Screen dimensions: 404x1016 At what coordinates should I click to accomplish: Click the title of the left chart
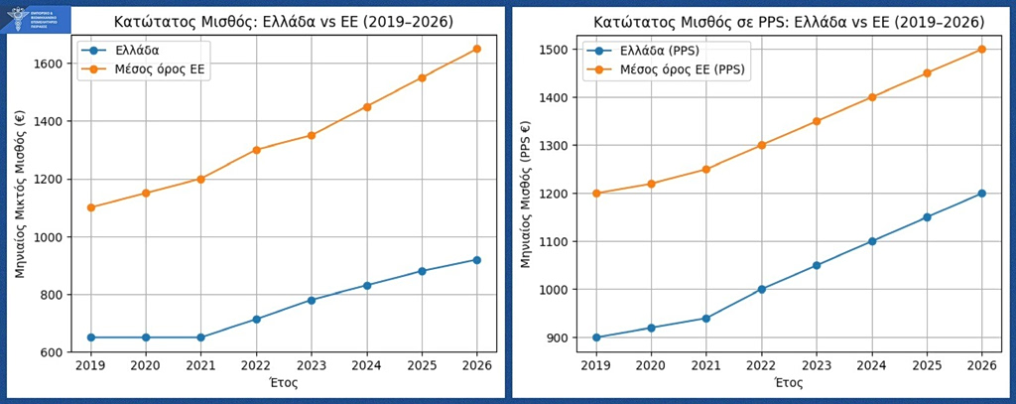tap(284, 21)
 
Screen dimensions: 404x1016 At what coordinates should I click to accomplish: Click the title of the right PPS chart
tap(789, 21)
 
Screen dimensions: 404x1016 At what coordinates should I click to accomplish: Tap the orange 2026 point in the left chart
tap(477, 49)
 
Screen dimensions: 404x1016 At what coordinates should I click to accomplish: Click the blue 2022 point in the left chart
tap(256, 319)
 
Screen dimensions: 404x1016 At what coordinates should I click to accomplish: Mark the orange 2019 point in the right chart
tap(596, 194)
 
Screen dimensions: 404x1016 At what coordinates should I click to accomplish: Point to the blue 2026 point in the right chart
tap(981, 194)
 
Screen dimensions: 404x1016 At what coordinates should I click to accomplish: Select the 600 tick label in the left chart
tap(55, 352)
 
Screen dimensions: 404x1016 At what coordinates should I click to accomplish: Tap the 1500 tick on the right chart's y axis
tap(557, 50)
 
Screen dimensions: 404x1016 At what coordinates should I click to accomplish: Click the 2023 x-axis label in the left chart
tap(312, 366)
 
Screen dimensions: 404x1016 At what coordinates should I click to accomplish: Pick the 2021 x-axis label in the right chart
tap(705, 366)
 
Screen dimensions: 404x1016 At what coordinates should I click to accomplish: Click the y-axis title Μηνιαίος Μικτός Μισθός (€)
tap(21, 194)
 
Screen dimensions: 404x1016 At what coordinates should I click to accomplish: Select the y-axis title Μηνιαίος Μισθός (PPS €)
tap(525, 194)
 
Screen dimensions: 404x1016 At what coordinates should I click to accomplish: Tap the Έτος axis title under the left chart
tap(284, 382)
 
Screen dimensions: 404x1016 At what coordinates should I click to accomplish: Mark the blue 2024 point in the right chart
tap(871, 241)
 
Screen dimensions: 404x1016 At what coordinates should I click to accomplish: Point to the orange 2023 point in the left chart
tap(312, 135)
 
